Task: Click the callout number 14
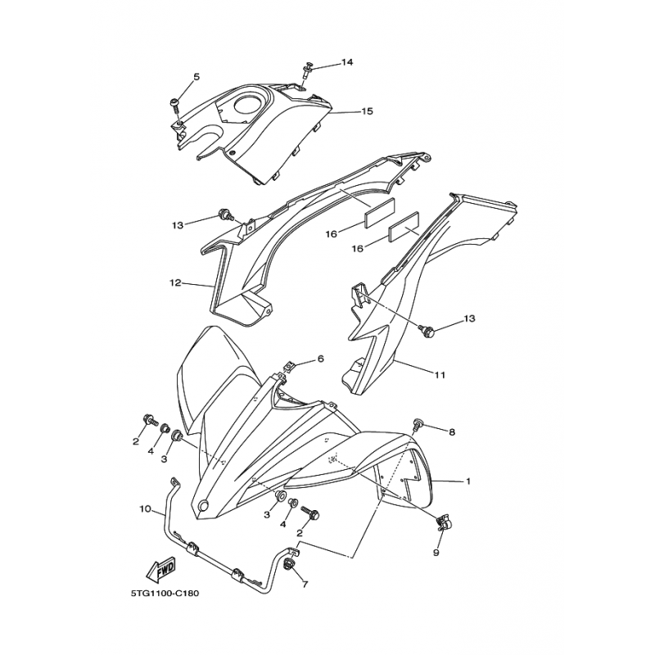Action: pos(347,62)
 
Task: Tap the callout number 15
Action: pos(367,111)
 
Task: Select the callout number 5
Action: pos(196,77)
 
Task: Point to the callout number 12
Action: pos(174,283)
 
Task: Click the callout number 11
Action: pos(440,375)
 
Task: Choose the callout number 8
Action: pos(451,431)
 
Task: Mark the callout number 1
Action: pos(468,481)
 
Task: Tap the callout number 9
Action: pos(436,553)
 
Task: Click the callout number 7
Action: pos(304,585)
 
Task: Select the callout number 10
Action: pos(145,509)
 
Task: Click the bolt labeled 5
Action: pos(175,103)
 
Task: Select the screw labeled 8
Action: pos(418,424)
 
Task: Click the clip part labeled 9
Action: pos(445,520)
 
